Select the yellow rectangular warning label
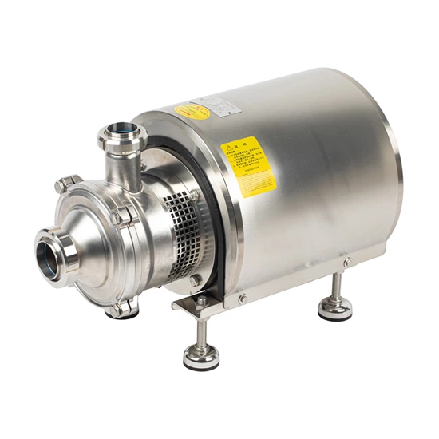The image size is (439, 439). click(x=247, y=167)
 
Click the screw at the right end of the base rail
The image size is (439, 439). click(x=346, y=262)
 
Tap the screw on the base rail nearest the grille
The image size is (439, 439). click(x=242, y=299)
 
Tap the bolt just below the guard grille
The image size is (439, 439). click(x=196, y=280)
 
